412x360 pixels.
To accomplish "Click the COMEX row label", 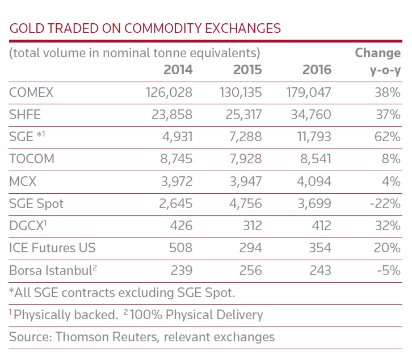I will [31, 92].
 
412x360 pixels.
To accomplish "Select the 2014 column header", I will [178, 70].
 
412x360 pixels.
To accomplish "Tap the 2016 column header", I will [316, 70].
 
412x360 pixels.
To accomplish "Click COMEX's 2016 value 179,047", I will [308, 92].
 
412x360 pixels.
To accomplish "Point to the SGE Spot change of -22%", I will [385, 204].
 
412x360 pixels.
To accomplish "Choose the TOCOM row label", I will [32, 159].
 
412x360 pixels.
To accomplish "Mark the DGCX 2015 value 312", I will [250, 226].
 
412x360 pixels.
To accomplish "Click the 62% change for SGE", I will [388, 137].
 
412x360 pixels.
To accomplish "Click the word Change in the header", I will [377, 53].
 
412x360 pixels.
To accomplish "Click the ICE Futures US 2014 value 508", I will [181, 248].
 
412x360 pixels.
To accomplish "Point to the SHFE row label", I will [25, 115].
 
